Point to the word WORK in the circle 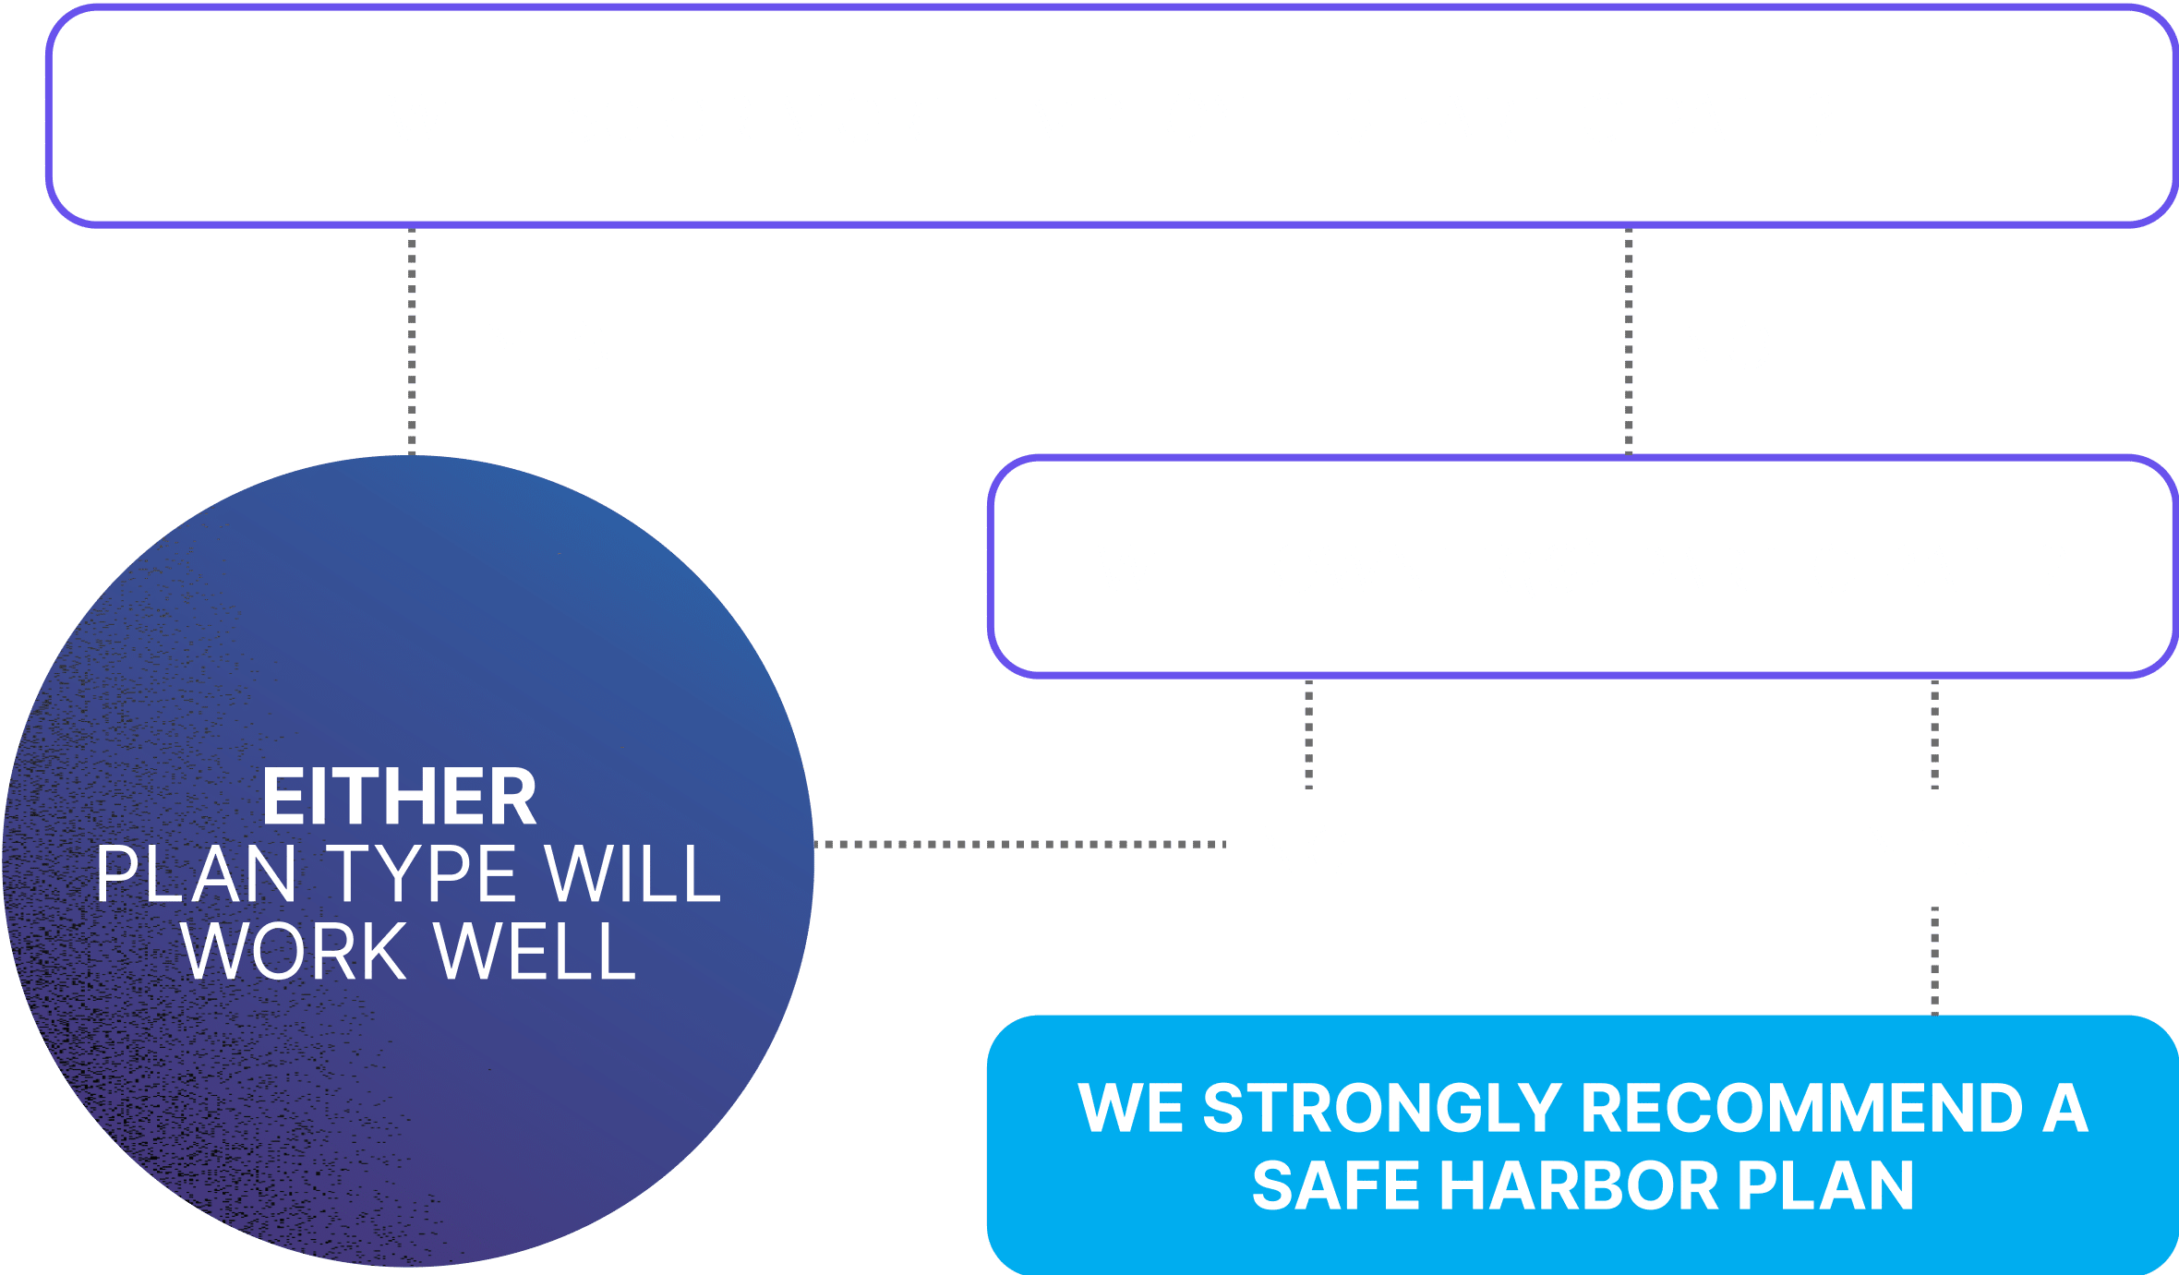[x=294, y=951]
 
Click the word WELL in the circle [x=536, y=951]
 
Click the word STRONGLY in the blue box [x=1382, y=1108]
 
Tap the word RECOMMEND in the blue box [x=1802, y=1108]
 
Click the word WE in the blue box [x=1130, y=1108]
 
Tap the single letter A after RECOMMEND [x=2066, y=1108]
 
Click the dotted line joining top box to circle [x=412, y=341]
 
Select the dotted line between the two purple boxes [x=1629, y=342]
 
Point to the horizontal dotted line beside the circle [x=1020, y=844]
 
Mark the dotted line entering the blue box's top [x=1935, y=961]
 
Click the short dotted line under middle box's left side [x=1309, y=735]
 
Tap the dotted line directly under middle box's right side [x=1935, y=735]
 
